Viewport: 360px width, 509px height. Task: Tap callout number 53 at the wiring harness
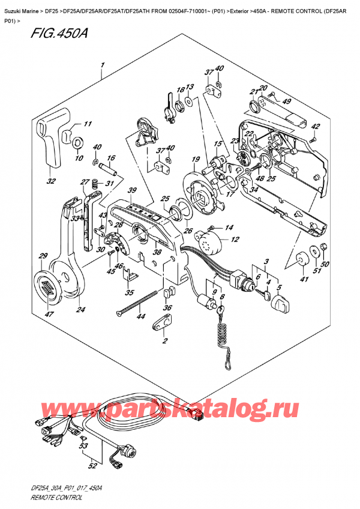click(82, 447)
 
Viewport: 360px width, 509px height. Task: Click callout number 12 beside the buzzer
click(235, 239)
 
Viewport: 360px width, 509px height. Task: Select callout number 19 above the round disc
click(196, 159)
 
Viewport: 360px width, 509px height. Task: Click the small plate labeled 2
click(163, 323)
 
